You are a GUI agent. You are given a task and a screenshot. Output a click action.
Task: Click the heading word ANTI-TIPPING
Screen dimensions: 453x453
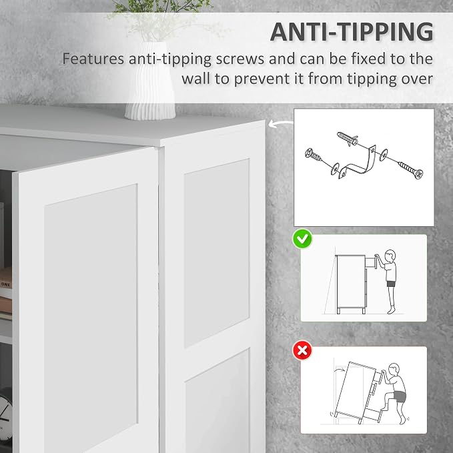pos(352,32)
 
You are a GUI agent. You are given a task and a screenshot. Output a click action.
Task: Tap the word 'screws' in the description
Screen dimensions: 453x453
pos(240,59)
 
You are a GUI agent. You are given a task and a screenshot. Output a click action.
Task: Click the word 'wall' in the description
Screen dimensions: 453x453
pos(196,79)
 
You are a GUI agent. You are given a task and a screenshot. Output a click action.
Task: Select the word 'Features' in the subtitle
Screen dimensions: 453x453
pos(93,59)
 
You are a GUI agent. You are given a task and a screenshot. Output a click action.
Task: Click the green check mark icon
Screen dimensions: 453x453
pos(302,239)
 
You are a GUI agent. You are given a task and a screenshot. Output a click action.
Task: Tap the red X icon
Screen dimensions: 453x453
pos(302,350)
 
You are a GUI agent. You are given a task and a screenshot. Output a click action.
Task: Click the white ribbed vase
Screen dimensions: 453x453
pos(150,81)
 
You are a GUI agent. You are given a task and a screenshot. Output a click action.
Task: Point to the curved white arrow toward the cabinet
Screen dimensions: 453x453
pos(281,123)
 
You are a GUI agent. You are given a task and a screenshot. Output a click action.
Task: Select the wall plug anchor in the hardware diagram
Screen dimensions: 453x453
pos(348,139)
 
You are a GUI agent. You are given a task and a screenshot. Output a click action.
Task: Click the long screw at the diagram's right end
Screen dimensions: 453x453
pos(410,170)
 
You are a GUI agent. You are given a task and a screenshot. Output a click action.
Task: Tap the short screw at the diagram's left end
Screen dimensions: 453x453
pos(314,155)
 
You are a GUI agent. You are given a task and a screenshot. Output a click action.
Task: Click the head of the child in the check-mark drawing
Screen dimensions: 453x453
pos(390,256)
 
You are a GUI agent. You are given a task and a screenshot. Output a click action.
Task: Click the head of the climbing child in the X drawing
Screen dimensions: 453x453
pos(394,370)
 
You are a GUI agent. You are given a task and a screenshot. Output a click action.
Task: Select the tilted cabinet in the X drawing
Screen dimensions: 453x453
pos(356,392)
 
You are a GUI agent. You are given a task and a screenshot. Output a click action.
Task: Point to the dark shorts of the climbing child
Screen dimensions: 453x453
pos(400,396)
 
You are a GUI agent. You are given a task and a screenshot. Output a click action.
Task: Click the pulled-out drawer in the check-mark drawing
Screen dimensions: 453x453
pos(371,263)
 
